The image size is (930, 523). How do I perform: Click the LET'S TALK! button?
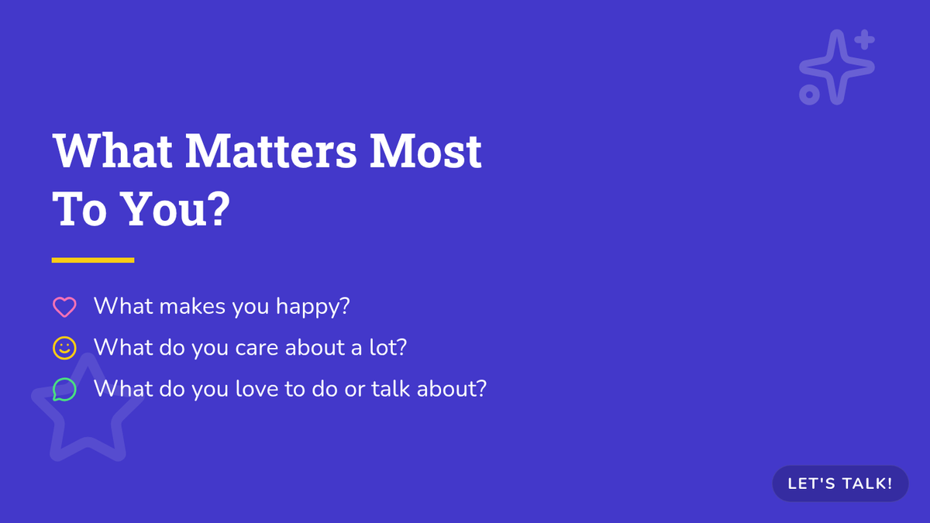[840, 483]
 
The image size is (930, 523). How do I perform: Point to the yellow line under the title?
[93, 260]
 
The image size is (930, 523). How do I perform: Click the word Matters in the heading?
[270, 150]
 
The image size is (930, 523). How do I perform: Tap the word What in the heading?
[112, 150]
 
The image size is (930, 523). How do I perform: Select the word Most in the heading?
[425, 150]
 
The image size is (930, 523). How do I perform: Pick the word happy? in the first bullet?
[313, 307]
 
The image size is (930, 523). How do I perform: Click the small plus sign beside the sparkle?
[865, 40]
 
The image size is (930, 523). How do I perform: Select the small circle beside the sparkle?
[809, 95]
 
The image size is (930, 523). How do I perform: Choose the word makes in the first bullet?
[192, 306]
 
